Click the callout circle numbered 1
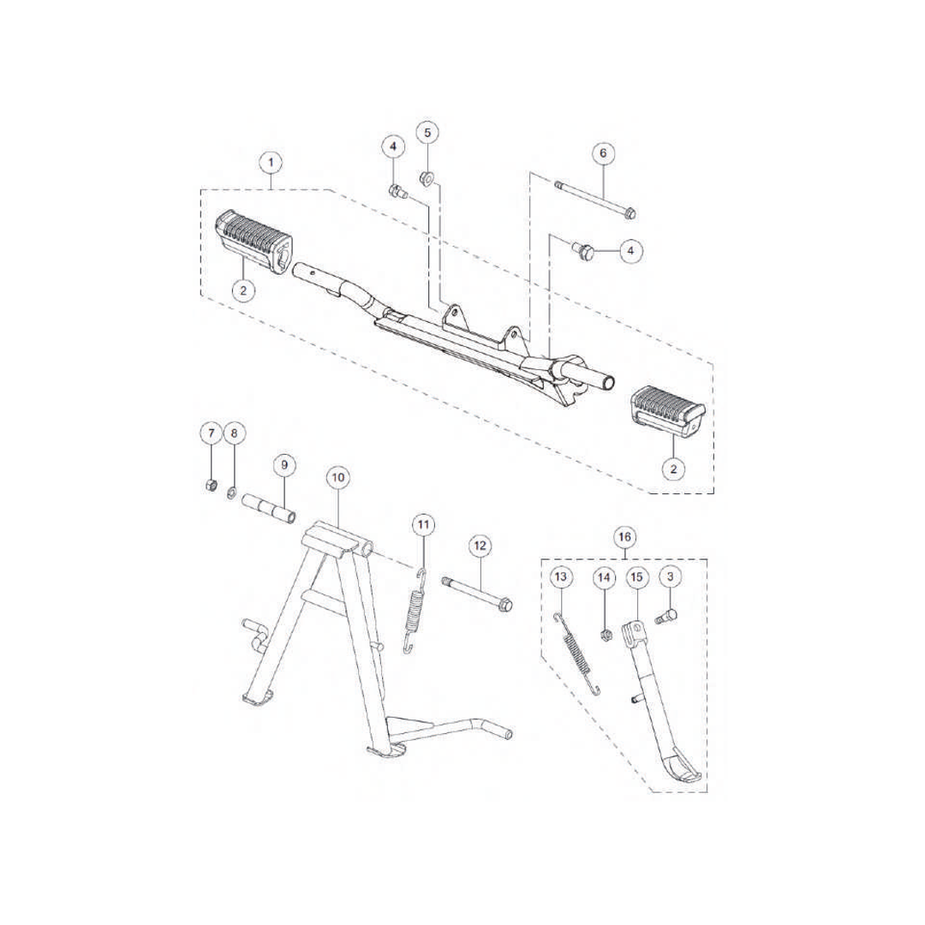[x=271, y=162]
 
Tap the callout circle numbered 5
[x=427, y=133]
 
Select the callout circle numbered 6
[x=603, y=153]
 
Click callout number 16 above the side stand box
[x=624, y=537]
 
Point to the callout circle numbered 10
[x=338, y=477]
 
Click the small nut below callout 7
[x=210, y=486]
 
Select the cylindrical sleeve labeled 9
[x=269, y=509]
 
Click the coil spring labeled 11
[x=416, y=611]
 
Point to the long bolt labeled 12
[x=477, y=594]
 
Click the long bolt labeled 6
[x=595, y=199]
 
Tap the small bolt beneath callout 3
[x=666, y=618]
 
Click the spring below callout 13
[x=579, y=653]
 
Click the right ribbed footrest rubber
[x=668, y=410]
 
